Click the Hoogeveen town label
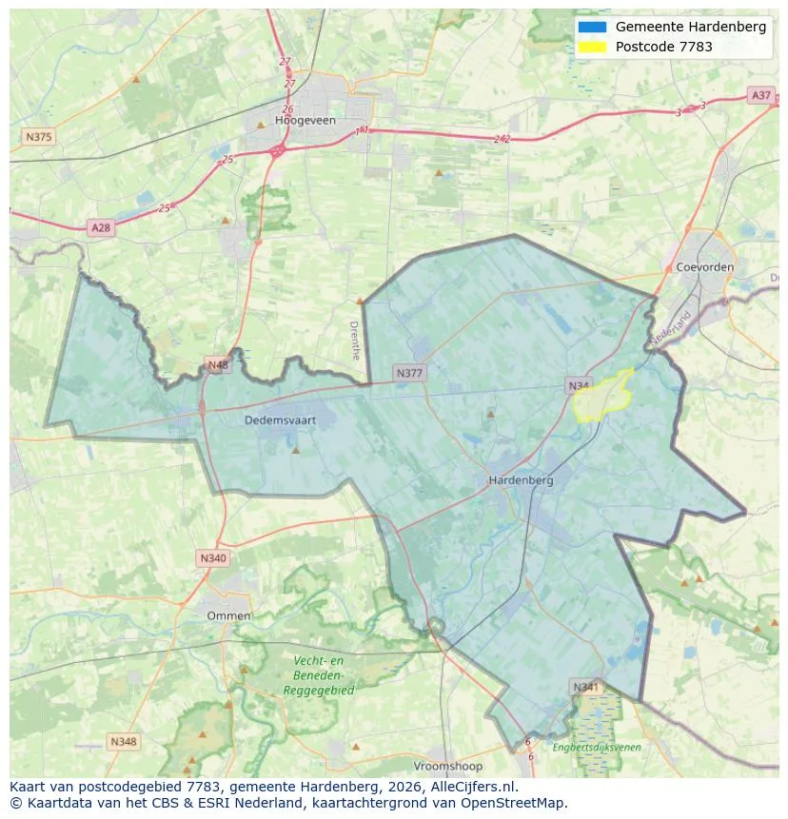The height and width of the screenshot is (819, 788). tap(305, 121)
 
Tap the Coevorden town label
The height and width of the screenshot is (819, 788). tap(704, 267)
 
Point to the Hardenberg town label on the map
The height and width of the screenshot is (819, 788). tap(521, 480)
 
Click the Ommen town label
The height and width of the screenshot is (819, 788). tap(229, 615)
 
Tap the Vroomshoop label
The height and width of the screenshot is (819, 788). tap(447, 766)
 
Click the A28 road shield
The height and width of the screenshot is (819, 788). tap(100, 227)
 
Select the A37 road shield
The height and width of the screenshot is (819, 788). tap(760, 95)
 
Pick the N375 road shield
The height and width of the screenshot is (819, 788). tap(38, 137)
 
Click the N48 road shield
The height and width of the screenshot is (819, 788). tap(218, 365)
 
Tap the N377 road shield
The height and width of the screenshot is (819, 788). tap(409, 373)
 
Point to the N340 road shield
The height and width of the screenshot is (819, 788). tap(213, 558)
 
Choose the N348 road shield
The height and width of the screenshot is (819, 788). tap(123, 741)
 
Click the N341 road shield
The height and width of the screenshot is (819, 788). tap(586, 687)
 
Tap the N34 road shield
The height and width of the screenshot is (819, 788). tap(579, 385)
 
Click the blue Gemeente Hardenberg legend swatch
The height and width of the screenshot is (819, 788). tap(591, 28)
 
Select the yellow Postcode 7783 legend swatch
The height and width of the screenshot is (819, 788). tap(591, 47)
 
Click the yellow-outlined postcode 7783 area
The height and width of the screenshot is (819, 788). tap(601, 398)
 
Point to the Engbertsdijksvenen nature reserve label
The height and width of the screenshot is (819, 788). tap(597, 748)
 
